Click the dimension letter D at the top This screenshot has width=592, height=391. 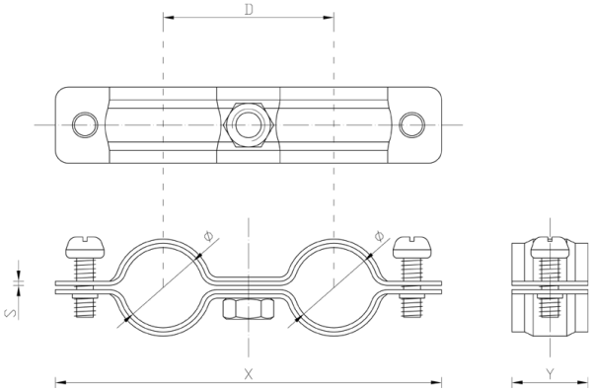[249, 9]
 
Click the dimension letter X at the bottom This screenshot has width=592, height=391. [248, 374]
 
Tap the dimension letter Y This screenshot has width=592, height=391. [551, 374]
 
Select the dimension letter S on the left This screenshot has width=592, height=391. [11, 313]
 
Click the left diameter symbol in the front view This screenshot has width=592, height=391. [208, 236]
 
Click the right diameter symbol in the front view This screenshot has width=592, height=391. [380, 236]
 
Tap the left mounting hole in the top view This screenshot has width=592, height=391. [85, 124]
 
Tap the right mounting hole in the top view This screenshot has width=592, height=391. [412, 124]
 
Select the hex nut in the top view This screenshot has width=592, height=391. [249, 124]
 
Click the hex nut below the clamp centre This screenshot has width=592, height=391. [248, 309]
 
